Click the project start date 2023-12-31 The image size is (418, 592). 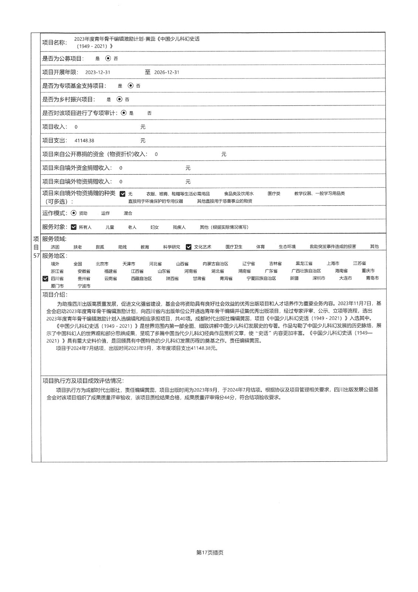pos(98,73)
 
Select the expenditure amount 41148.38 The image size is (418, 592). pos(84,141)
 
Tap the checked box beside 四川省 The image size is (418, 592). pos(45,279)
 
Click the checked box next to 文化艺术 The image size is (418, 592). pos(188,247)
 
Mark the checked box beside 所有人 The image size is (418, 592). pos(74,227)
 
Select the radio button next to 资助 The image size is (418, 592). pos(74,213)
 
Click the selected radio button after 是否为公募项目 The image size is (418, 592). pos(108,58)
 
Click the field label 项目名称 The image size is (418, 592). pos(54,43)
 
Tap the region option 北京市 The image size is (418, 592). pos(102,264)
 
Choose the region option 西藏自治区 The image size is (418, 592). pos(141,279)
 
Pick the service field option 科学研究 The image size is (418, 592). pos(171,247)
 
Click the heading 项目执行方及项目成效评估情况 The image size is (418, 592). pos(83,381)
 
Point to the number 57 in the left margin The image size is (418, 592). pos(36,256)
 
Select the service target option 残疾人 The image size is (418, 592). pos(179,227)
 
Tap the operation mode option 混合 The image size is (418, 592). pos(128,213)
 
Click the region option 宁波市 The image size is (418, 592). pos(84,286)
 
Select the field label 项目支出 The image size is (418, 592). pos(54,141)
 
